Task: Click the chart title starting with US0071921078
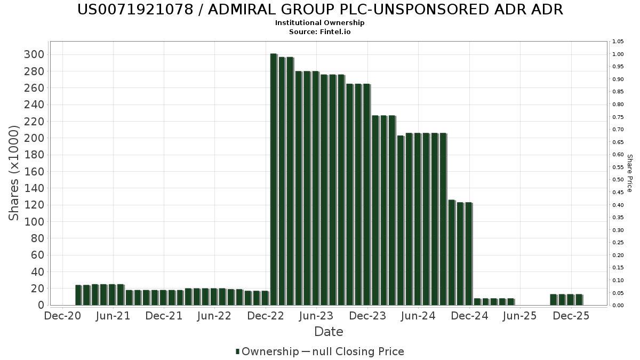pos(320,10)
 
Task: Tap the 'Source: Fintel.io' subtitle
pos(320,31)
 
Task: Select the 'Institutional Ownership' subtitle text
pos(320,23)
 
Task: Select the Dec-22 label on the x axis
pos(266,316)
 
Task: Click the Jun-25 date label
pos(520,316)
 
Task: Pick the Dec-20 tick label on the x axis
pos(62,316)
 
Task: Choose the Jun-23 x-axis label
pos(316,316)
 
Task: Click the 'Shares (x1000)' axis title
pos(14,173)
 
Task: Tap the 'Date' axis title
pos(329,332)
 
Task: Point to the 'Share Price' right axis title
pos(629,173)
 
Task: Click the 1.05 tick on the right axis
pos(618,42)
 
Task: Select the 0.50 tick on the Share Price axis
pos(618,180)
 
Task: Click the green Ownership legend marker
pos(238,351)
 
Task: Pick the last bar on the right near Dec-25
pos(579,300)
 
